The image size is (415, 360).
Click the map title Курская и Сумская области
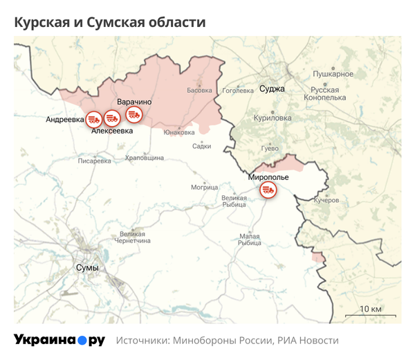tap(110, 23)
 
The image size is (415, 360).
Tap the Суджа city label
tap(272, 89)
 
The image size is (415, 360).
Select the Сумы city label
tap(87, 268)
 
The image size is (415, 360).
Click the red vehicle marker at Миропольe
tap(268, 190)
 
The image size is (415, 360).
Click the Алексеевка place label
tap(112, 130)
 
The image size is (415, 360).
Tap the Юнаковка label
tap(178, 132)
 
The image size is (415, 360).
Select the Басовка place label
tap(200, 90)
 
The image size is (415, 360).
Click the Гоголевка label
tap(239, 90)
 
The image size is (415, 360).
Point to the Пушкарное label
tap(333, 73)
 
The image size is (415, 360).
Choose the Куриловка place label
tap(273, 118)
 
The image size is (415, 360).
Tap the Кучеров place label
tap(326, 200)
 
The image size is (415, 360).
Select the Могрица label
tap(204, 187)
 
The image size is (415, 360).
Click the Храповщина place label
tap(145, 158)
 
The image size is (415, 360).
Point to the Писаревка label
tap(95, 161)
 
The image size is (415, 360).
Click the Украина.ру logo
tap(59, 341)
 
